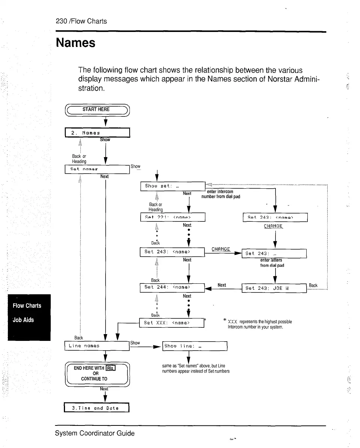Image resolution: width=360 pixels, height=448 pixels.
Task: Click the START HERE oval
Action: pyautogui.click(x=97, y=109)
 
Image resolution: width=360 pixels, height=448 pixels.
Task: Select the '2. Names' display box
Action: pyautogui.click(x=97, y=133)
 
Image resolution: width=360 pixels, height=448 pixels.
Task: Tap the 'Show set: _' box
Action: pyautogui.click(x=172, y=186)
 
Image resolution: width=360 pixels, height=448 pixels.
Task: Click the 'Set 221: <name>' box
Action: pyautogui.click(x=172, y=217)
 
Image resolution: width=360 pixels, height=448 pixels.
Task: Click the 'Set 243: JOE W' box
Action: pyautogui.click(x=274, y=288)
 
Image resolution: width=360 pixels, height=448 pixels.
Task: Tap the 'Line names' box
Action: pyautogui.click(x=97, y=345)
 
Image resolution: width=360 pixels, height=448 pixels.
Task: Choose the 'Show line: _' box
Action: pyautogui.click(x=195, y=346)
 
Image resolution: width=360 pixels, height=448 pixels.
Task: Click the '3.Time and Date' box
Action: pyautogui.click(x=97, y=408)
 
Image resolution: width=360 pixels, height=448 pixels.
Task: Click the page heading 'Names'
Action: pyautogui.click(x=76, y=43)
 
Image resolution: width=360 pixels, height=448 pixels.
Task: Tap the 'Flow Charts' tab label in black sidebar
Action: pyautogui.click(x=27, y=306)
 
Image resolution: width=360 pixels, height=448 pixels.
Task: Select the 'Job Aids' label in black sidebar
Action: pyautogui.click(x=24, y=320)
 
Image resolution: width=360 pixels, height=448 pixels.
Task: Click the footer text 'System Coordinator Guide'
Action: pyautogui.click(x=95, y=433)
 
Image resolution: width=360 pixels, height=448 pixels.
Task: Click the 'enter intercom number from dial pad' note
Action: pyautogui.click(x=221, y=194)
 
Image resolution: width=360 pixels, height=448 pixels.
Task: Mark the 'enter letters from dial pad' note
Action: pyautogui.click(x=272, y=262)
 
